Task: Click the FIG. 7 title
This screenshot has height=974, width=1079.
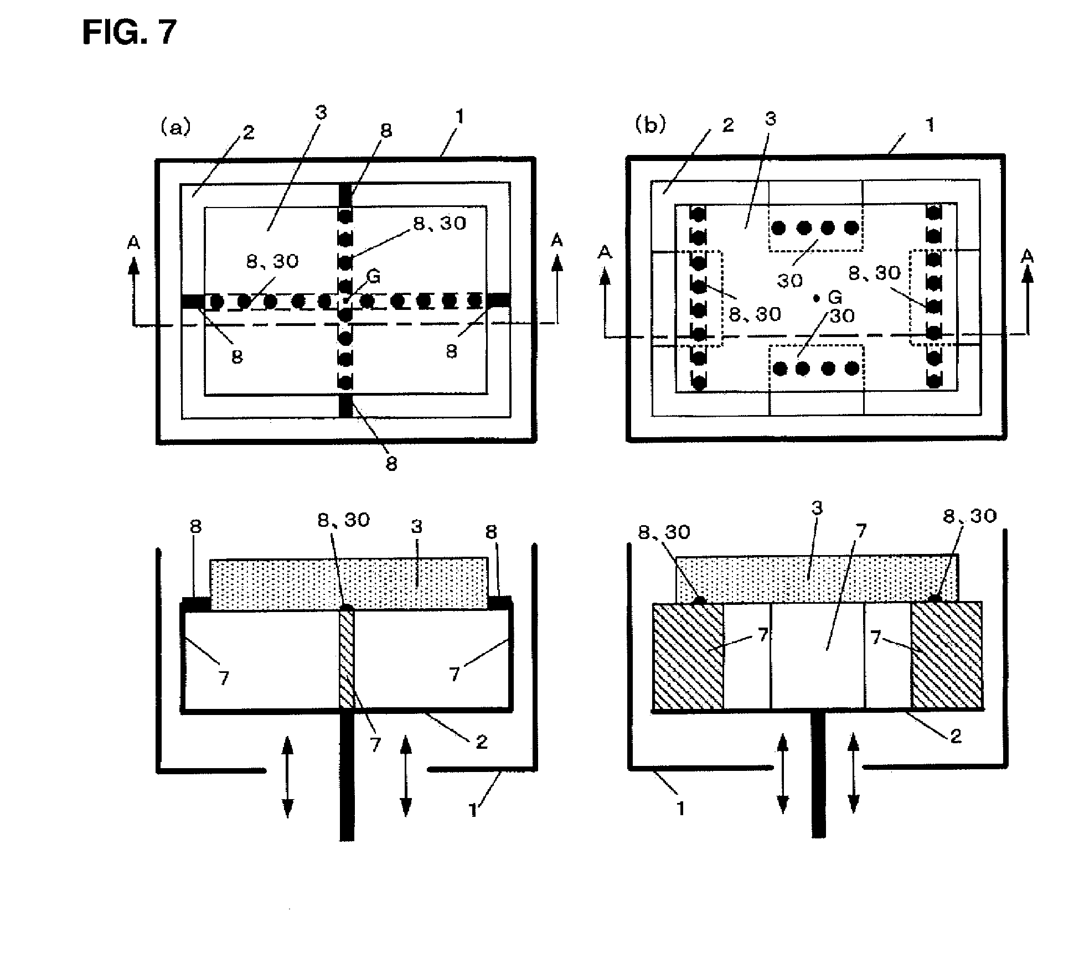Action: [130, 32]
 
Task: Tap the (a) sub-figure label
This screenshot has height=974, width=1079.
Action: [175, 128]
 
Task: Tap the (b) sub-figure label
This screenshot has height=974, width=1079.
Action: [649, 126]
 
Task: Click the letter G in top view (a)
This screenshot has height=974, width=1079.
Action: [374, 276]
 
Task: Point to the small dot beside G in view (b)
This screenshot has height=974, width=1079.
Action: [816, 298]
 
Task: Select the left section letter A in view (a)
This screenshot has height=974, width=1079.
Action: [133, 242]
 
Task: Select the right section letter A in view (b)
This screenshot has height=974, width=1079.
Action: [1028, 255]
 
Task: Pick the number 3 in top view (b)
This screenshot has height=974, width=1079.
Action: [770, 118]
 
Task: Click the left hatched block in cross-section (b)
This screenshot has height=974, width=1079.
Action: [688, 656]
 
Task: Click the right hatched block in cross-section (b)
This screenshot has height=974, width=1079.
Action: [947, 656]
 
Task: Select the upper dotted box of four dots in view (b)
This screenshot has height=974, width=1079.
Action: [815, 227]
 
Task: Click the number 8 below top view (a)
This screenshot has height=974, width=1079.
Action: [391, 464]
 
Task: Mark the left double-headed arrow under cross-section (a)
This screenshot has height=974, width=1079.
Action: [287, 777]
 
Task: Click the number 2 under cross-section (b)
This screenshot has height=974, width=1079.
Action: [956, 736]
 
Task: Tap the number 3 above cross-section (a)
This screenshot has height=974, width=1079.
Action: [416, 526]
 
